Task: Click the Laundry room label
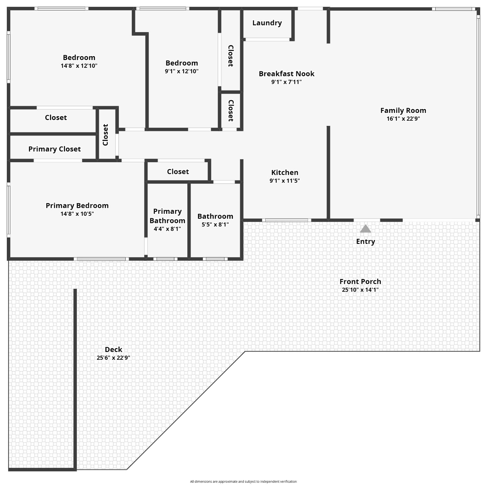click(267, 23)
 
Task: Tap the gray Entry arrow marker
click(365, 229)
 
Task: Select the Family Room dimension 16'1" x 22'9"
click(403, 119)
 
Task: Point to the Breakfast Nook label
click(286, 74)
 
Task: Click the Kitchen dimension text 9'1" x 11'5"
click(284, 181)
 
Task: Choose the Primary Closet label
click(55, 149)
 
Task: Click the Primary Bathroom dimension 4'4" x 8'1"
click(167, 229)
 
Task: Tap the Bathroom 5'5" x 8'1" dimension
click(215, 224)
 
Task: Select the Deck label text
click(113, 350)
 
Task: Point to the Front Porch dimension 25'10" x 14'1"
click(360, 290)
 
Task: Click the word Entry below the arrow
click(365, 242)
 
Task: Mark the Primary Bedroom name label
click(77, 206)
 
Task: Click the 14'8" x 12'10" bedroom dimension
click(79, 66)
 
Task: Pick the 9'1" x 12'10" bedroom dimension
click(181, 71)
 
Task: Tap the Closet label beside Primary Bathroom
click(178, 172)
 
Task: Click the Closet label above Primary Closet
click(56, 118)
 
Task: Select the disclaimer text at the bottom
click(243, 481)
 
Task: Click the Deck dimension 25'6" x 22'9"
click(113, 358)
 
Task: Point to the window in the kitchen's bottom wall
click(286, 220)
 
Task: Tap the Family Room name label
click(403, 111)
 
